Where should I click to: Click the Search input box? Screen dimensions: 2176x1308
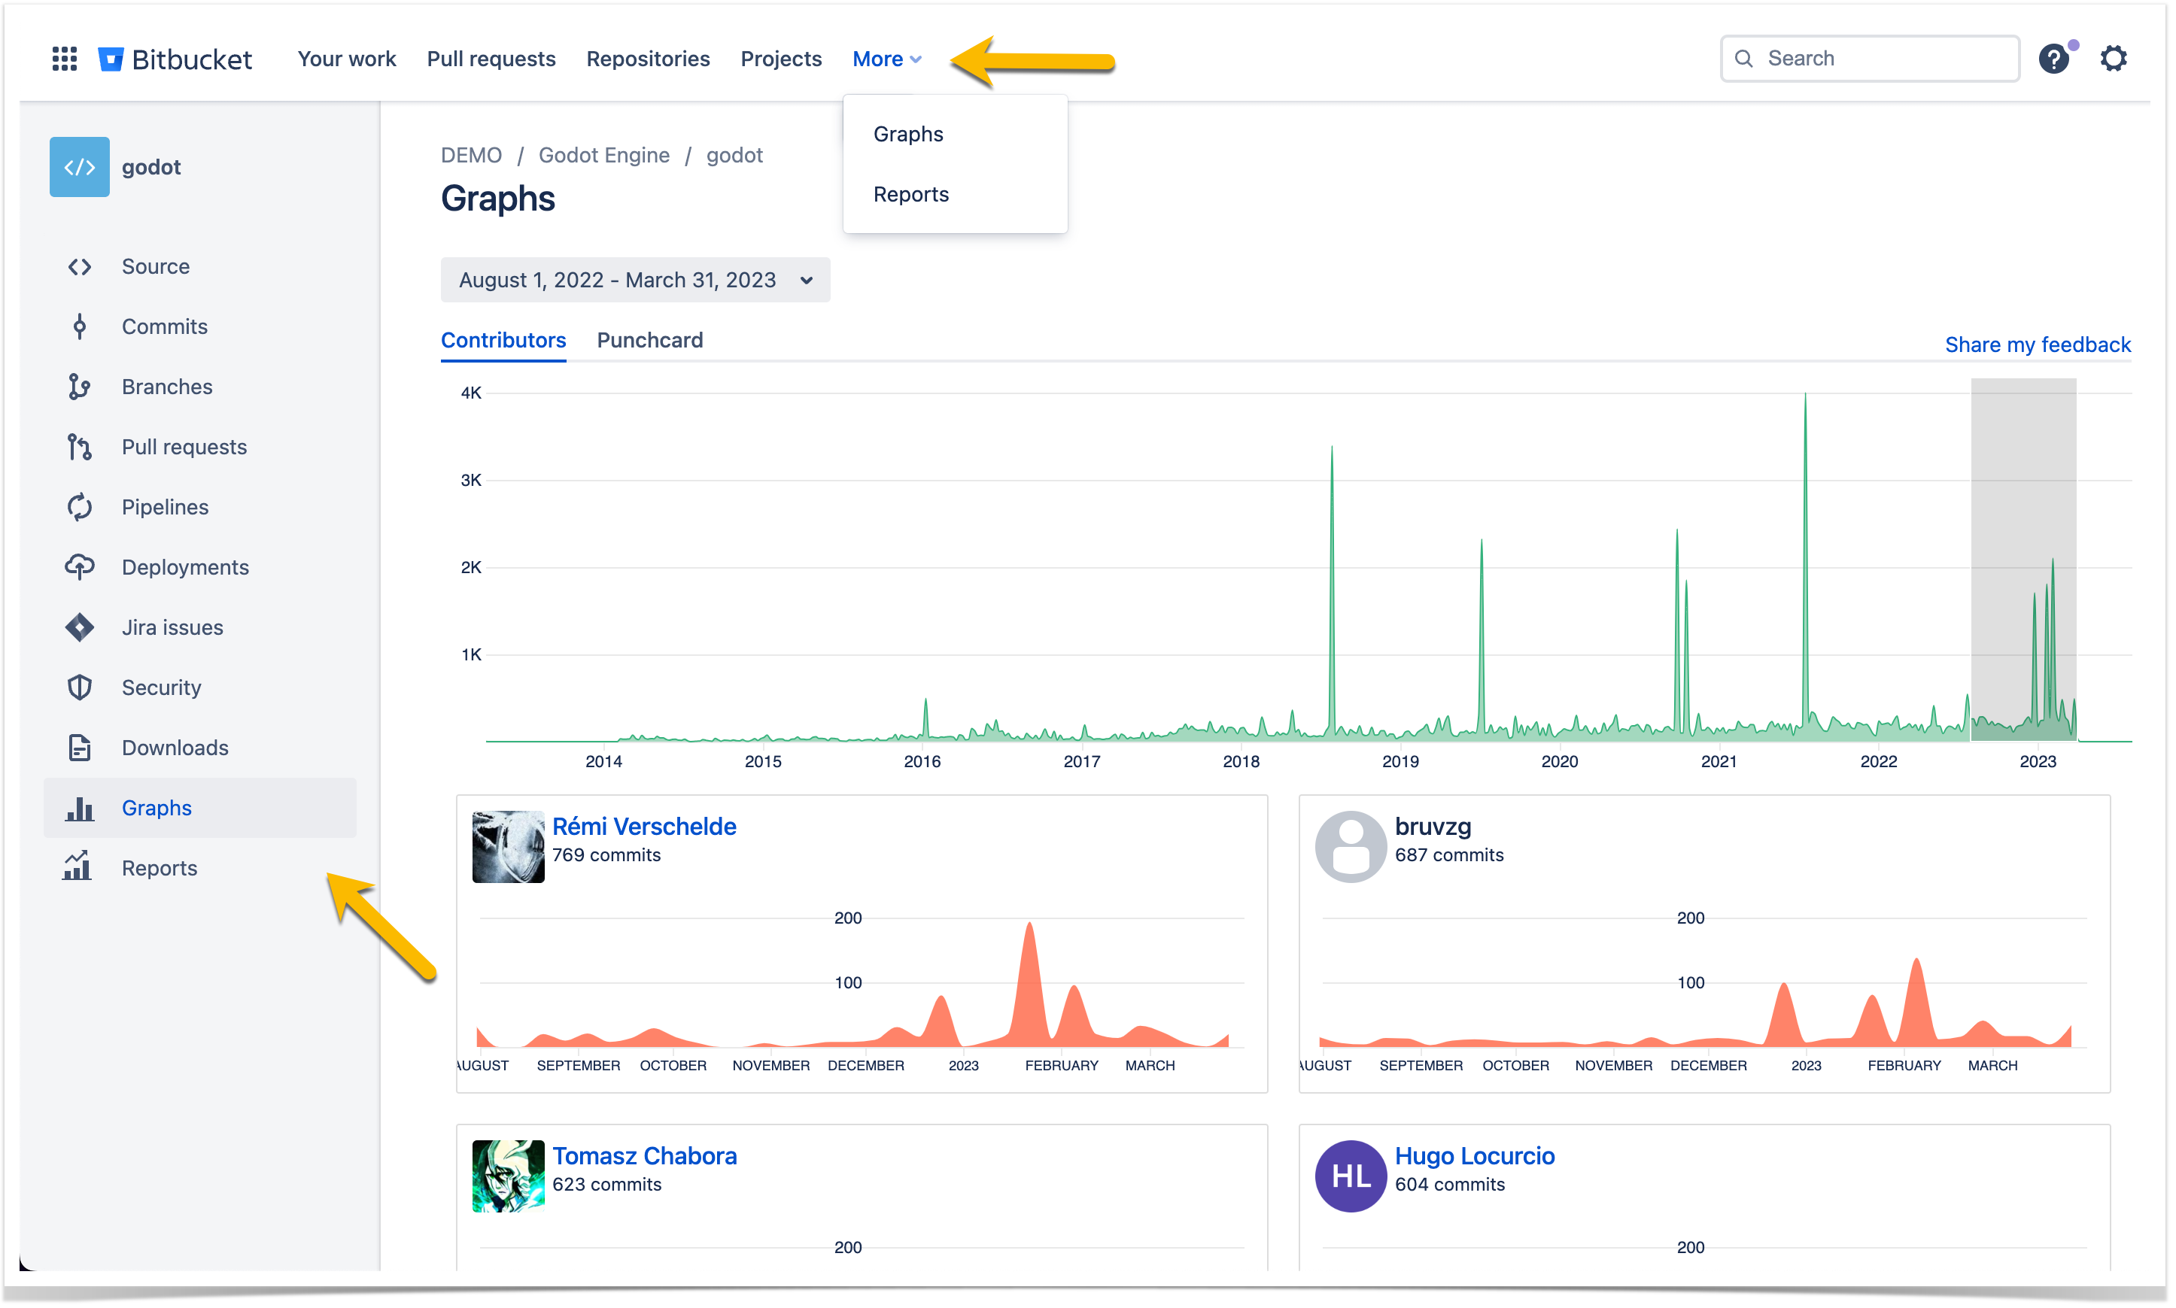[1869, 58]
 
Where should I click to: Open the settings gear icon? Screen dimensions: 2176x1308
[2114, 58]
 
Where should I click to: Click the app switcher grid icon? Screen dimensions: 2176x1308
[65, 58]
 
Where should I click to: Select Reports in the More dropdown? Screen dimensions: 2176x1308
[910, 194]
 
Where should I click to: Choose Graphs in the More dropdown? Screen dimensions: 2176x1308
[908, 134]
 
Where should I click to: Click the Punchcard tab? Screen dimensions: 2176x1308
[650, 340]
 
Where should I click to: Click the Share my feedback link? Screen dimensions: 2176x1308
[2038, 344]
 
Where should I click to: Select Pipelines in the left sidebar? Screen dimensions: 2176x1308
[165, 507]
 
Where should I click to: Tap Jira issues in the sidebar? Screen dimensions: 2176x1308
[172, 627]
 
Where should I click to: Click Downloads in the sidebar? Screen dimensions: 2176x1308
[175, 748]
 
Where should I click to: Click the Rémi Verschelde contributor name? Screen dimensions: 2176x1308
[643, 827]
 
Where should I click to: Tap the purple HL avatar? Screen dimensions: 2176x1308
[1351, 1176]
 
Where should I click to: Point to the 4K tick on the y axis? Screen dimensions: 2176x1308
[471, 393]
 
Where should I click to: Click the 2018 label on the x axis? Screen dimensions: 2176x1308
[1241, 761]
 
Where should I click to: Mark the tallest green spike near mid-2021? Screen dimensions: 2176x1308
[1805, 395]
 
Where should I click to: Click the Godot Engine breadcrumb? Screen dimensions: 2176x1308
[604, 155]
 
